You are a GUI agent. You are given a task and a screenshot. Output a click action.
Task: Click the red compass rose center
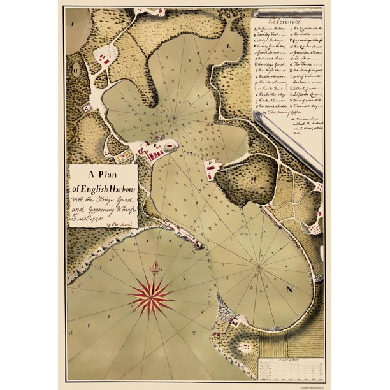tap(151, 296)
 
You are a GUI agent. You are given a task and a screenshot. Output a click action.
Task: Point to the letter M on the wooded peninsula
tap(253, 179)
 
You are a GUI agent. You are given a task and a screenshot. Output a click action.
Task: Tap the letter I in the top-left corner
tap(73, 23)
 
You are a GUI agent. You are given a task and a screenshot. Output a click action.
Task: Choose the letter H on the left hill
tap(76, 71)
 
